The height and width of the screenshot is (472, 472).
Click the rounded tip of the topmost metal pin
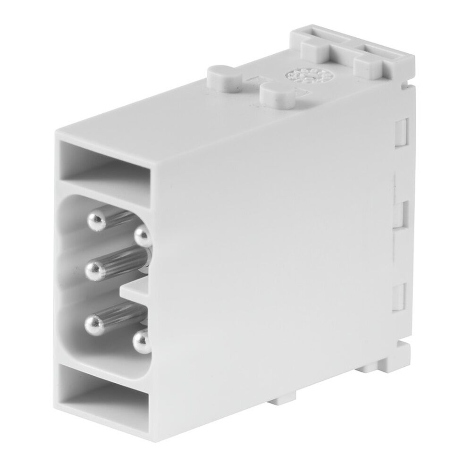click(96, 220)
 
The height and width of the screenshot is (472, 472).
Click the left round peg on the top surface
click(222, 76)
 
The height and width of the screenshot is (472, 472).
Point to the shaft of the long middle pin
click(123, 262)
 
